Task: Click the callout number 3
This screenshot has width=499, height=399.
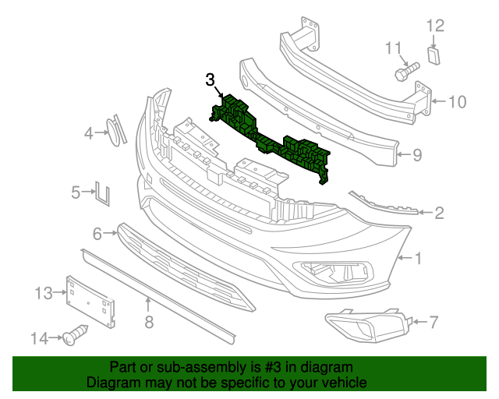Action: pyautogui.click(x=210, y=79)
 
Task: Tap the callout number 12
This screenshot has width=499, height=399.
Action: pyautogui.click(x=434, y=26)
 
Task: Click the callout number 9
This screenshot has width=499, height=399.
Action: pyautogui.click(x=417, y=155)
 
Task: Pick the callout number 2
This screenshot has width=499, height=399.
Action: pyautogui.click(x=439, y=212)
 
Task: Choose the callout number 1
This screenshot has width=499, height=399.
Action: pyautogui.click(x=418, y=257)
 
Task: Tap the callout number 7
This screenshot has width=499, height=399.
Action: pyautogui.click(x=434, y=320)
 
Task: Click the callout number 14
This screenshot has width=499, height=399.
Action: pyautogui.click(x=40, y=338)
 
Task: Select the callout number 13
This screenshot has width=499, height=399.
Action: pyautogui.click(x=42, y=293)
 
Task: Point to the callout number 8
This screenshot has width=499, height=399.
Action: pyautogui.click(x=148, y=321)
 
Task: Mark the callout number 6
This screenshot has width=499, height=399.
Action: pyautogui.click(x=97, y=233)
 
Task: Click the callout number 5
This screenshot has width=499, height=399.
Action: pyautogui.click(x=76, y=191)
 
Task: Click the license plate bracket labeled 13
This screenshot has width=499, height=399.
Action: pyautogui.click(x=92, y=299)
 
